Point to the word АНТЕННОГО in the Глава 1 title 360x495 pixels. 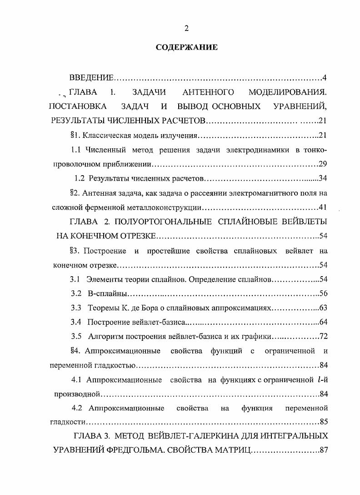[x=208, y=92]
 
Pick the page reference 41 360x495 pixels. [x=323, y=207]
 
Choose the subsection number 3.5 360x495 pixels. [x=76, y=337]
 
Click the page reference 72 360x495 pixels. [x=323, y=337]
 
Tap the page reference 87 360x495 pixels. [x=323, y=450]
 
